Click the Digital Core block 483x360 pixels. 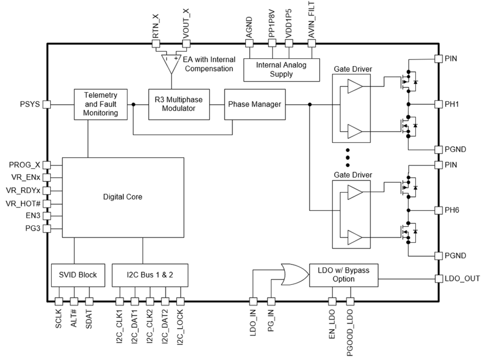click(x=123, y=197)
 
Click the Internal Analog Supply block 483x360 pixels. click(x=281, y=70)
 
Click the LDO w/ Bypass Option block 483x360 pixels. click(x=344, y=275)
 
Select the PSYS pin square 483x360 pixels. click(x=47, y=104)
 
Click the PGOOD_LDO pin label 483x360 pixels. click(x=350, y=328)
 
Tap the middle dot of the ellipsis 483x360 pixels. click(x=348, y=158)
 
